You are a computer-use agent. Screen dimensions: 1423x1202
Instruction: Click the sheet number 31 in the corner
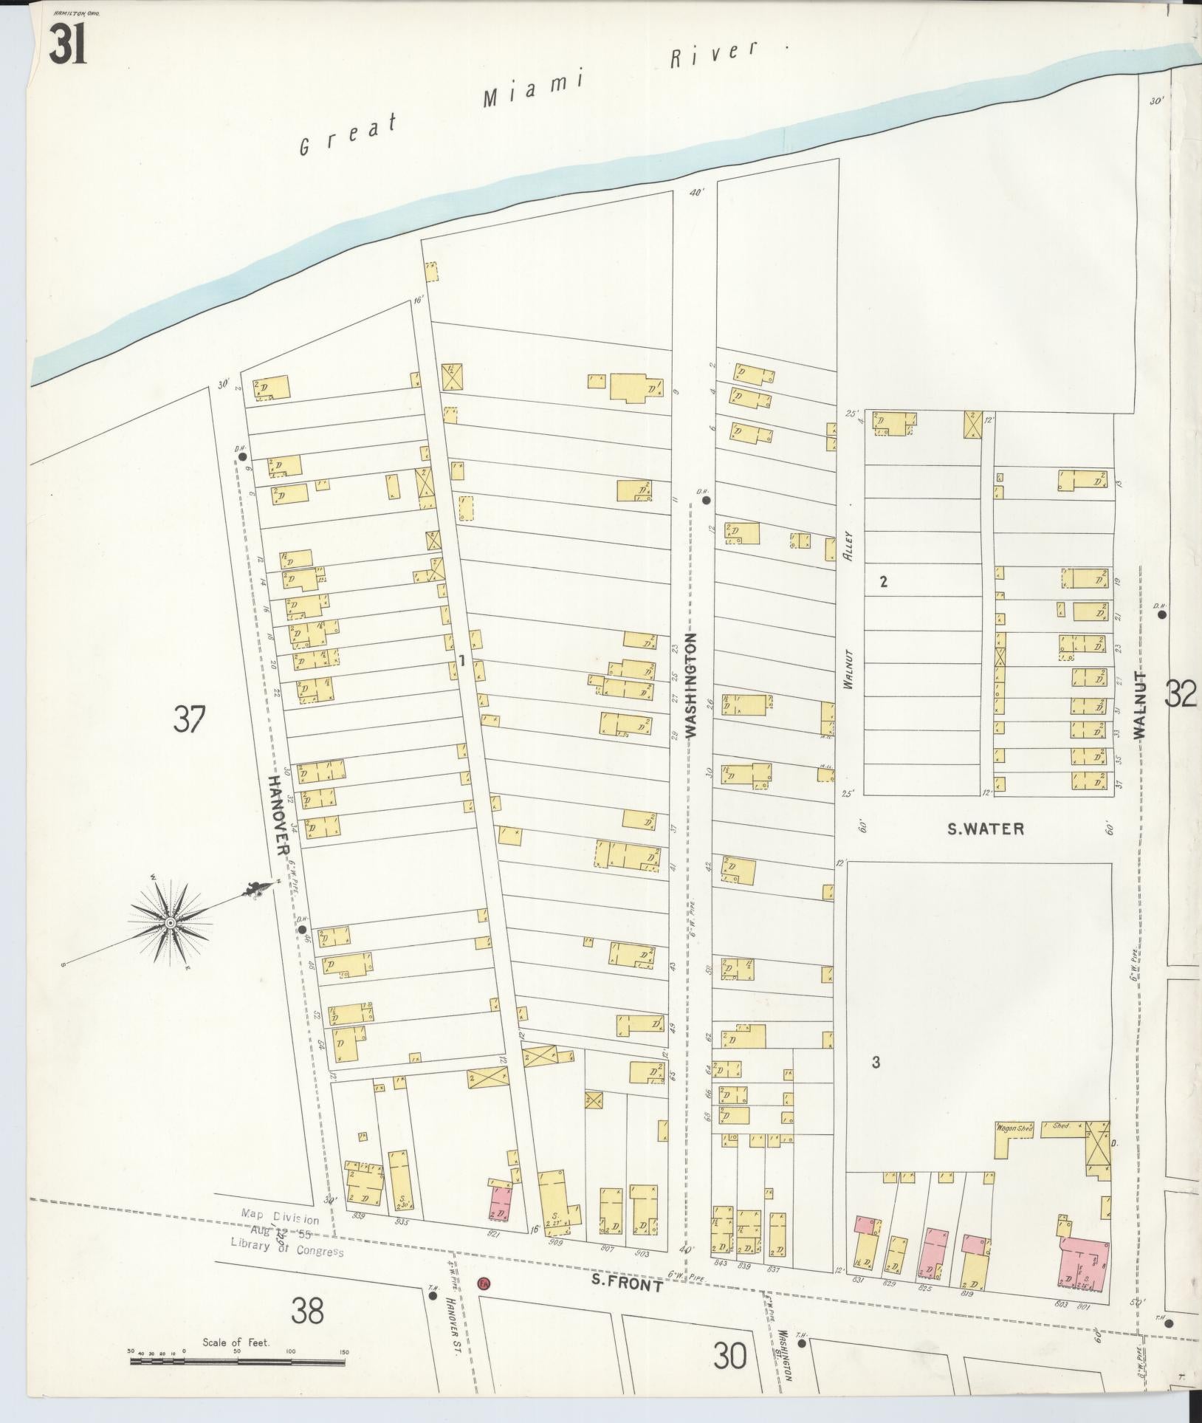coord(69,44)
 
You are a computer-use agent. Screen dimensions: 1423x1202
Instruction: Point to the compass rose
coord(171,923)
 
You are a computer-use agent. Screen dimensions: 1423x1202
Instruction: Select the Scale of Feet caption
coord(236,1342)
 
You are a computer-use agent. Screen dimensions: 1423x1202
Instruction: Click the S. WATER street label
coord(986,829)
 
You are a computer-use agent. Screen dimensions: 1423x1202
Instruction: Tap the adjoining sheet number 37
coord(188,719)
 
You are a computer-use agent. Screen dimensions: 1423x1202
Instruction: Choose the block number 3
coord(876,1063)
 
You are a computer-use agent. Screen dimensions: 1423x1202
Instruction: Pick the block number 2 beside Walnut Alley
coord(883,582)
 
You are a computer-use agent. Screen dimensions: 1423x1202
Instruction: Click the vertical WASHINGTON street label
coord(691,685)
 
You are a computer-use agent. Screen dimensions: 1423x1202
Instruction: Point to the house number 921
coord(493,1233)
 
